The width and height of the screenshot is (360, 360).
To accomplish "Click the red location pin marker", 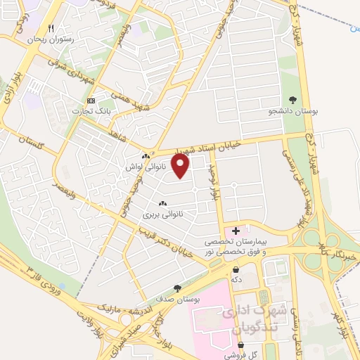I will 181,167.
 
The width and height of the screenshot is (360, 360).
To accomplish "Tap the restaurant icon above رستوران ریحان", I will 50,29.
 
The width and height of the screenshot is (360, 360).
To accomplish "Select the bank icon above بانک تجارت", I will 90,101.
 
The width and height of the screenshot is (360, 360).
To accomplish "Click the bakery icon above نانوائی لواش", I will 146,156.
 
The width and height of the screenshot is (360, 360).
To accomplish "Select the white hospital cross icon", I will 236,230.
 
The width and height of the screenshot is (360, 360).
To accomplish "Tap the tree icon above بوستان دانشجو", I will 292,100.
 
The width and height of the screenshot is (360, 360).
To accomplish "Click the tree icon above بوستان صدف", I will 178,288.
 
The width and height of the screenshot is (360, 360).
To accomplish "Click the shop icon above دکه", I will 236,269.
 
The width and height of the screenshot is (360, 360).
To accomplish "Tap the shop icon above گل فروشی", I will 242,346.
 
